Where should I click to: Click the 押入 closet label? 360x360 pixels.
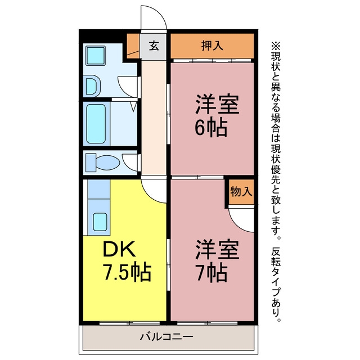click(212, 46)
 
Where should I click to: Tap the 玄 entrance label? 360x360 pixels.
click(154, 46)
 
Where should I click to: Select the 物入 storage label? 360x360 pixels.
click(241, 191)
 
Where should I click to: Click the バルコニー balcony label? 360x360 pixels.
click(166, 337)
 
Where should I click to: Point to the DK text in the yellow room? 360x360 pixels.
click(119, 249)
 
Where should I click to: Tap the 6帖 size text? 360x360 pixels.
click(211, 128)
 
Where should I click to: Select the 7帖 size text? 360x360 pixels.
click(211, 273)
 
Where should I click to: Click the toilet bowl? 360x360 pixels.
click(107, 163)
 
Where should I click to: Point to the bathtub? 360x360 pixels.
click(96, 124)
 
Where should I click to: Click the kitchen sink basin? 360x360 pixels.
click(100, 222)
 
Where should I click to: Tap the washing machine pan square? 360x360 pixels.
click(96, 56)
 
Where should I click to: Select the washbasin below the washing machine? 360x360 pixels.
click(93, 86)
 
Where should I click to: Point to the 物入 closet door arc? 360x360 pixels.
click(236, 224)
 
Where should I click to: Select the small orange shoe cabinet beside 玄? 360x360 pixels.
click(133, 46)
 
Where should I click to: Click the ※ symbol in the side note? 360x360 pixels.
click(276, 46)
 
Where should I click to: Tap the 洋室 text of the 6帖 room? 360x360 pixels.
click(217, 105)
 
